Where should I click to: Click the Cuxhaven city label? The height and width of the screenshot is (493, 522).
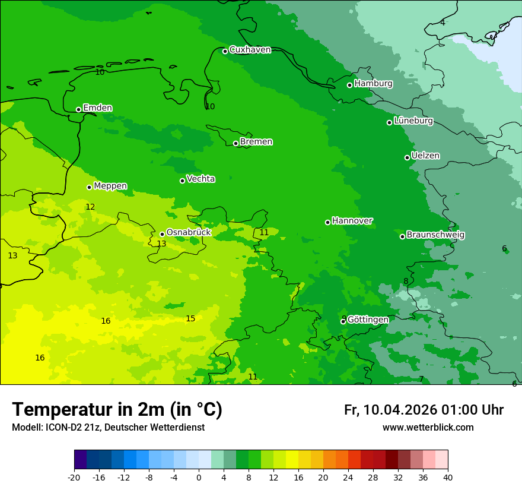click(250, 50)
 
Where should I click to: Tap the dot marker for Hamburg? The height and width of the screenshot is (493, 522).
click(350, 85)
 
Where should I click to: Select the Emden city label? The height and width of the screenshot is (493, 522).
click(97, 108)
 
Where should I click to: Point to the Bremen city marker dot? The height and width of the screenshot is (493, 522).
click(235, 143)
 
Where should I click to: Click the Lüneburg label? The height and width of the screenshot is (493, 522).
click(413, 121)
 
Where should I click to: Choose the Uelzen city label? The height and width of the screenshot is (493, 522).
click(425, 156)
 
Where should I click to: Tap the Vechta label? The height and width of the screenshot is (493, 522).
click(200, 179)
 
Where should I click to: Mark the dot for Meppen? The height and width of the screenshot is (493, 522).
click(90, 187)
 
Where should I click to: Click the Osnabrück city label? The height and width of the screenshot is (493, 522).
click(189, 233)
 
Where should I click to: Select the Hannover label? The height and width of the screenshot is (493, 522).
click(352, 221)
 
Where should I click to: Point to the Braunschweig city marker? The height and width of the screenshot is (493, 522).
click(402, 236)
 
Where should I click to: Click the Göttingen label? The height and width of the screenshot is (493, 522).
click(368, 320)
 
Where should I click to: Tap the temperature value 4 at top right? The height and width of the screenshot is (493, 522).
click(443, 23)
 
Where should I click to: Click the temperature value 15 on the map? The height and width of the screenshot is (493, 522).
click(190, 319)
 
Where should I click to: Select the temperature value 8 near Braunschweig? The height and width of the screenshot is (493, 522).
click(406, 282)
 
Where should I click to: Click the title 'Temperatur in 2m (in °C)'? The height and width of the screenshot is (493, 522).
click(117, 410)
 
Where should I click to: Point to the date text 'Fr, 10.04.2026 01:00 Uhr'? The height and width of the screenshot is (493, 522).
click(424, 410)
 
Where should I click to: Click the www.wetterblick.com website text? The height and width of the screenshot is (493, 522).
click(428, 428)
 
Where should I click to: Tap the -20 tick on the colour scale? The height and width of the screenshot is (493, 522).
click(74, 478)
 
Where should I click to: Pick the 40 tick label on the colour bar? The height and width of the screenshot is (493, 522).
click(448, 478)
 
